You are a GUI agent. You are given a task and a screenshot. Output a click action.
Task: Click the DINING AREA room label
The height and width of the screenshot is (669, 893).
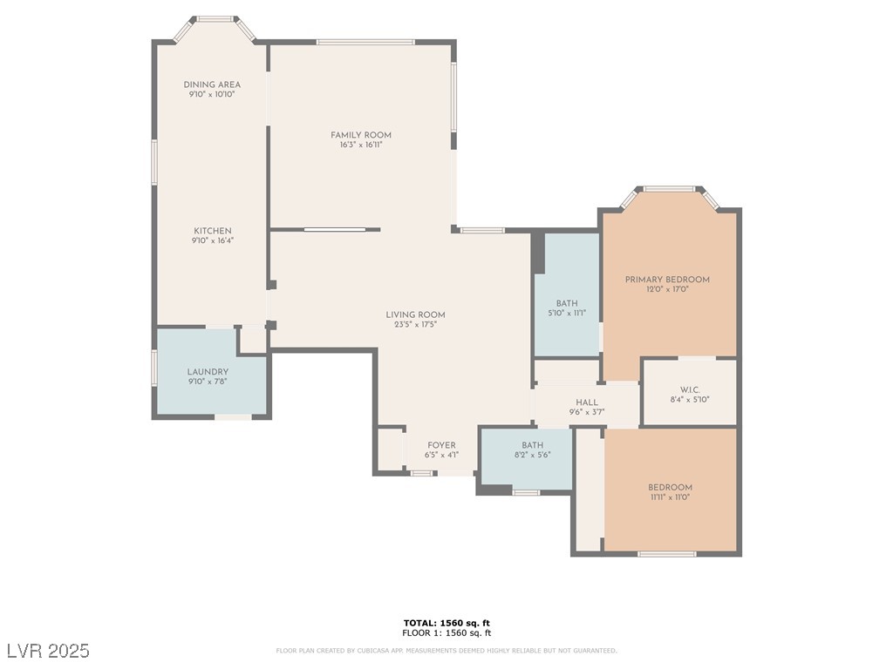[x=212, y=84]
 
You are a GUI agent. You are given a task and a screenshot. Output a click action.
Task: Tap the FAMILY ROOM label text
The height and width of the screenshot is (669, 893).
[x=361, y=135]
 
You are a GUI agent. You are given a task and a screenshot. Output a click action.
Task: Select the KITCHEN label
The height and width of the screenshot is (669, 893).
[x=213, y=231]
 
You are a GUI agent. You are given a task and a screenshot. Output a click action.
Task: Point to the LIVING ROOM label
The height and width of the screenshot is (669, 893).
[x=416, y=315]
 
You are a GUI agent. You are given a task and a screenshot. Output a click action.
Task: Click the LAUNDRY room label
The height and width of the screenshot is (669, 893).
[x=208, y=372]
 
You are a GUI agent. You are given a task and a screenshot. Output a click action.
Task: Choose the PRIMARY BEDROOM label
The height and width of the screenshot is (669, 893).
[x=667, y=280]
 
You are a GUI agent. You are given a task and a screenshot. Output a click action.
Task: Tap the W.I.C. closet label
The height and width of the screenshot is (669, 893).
[x=690, y=389]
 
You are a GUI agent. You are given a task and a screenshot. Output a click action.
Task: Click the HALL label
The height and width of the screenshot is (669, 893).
[x=587, y=402]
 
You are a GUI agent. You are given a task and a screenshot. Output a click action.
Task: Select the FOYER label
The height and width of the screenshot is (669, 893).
[x=441, y=445]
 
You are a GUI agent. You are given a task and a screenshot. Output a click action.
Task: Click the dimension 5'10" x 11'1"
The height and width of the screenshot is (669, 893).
[x=567, y=313]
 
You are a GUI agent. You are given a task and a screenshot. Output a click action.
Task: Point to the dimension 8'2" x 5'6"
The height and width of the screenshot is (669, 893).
[x=532, y=455]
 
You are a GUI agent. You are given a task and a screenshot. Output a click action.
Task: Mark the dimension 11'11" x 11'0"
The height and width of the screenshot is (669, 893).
[x=670, y=497]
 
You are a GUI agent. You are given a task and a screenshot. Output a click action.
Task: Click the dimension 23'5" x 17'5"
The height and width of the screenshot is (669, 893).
[x=415, y=325]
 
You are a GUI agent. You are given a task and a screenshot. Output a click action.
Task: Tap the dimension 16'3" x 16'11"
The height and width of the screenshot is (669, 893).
[x=361, y=145]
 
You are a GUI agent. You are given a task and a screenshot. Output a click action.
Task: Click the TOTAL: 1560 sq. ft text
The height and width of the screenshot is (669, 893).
[x=446, y=623]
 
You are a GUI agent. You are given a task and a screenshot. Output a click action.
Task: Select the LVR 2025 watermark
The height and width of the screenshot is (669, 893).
[x=48, y=651]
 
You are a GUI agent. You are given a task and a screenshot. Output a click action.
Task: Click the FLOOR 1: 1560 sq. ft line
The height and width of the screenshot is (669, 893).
[x=446, y=632]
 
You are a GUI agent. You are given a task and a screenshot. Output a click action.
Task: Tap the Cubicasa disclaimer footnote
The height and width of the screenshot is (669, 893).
[x=446, y=651]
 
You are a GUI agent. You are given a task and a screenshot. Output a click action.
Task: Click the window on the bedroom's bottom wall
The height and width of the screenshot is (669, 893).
[x=666, y=554]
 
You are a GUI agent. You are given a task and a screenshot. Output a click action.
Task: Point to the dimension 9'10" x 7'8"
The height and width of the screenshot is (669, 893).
[x=208, y=382]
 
